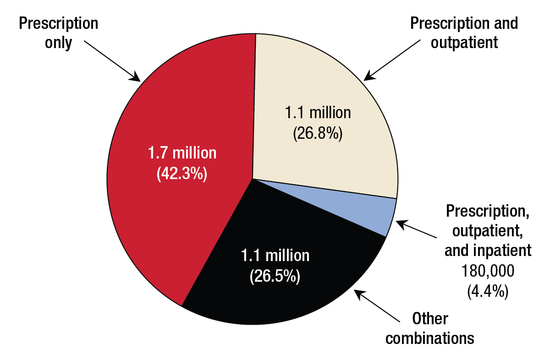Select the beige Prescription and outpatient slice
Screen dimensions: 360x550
click(321, 92)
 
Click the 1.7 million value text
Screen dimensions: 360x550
click(182, 153)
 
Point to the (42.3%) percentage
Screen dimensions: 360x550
click(182, 174)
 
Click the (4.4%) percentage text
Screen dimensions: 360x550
click(487, 291)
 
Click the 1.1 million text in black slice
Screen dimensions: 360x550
click(275, 256)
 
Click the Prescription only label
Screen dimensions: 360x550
click(58, 33)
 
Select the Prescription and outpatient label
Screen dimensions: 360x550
click(464, 33)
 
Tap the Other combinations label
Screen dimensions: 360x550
click(430, 328)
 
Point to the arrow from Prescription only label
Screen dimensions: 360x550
click(112, 60)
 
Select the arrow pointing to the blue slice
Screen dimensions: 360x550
click(417, 230)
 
